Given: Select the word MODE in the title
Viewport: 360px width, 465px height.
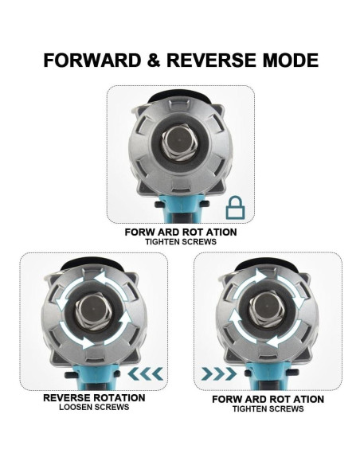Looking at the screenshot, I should [290, 60].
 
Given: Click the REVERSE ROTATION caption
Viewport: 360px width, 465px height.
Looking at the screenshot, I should [94, 397].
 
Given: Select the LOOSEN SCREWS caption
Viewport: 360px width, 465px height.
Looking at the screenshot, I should [94, 408].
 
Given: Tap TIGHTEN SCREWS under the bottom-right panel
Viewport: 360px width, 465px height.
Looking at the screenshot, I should [268, 408].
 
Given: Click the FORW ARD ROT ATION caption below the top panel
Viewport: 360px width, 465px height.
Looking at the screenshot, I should [181, 232].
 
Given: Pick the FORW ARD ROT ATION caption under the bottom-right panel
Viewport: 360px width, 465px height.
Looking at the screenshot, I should [268, 398].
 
